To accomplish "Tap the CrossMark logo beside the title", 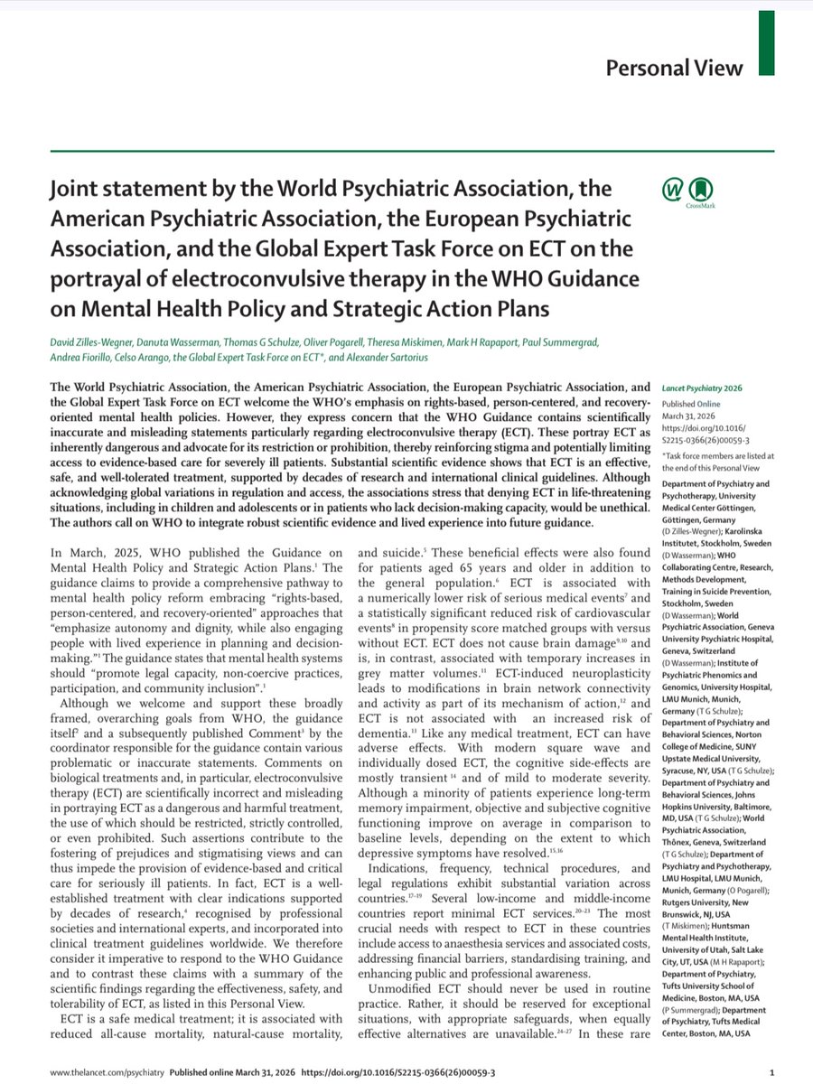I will (x=701, y=191).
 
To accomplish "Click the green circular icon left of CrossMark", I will (x=673, y=191).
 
